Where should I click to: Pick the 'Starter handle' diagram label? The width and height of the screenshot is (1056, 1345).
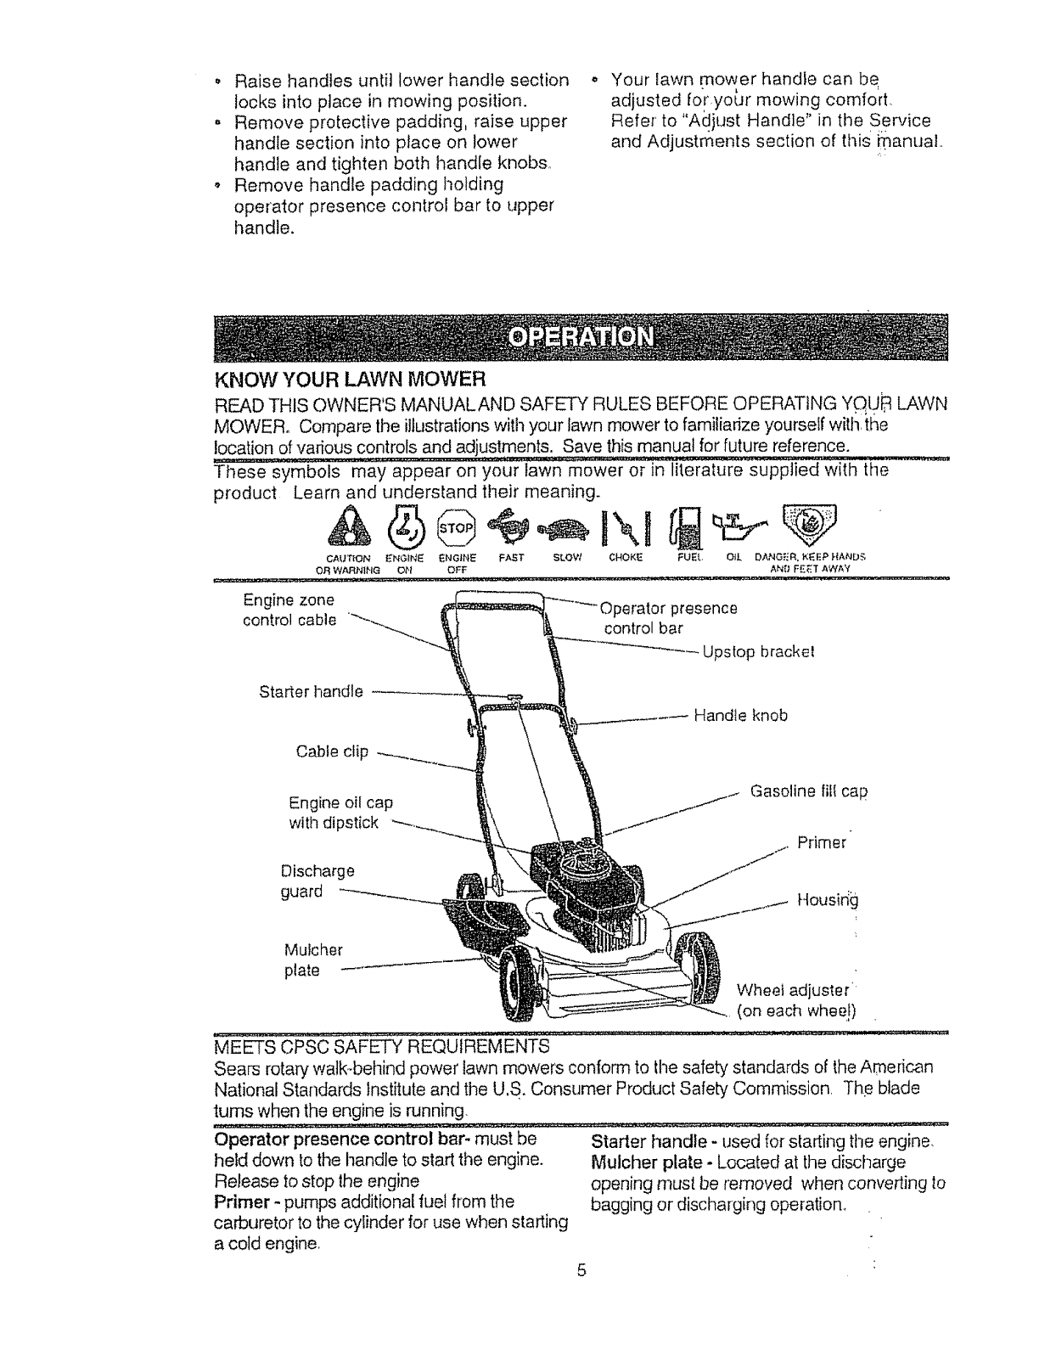pyautogui.click(x=311, y=691)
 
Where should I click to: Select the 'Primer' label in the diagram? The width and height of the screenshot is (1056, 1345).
pyautogui.click(x=822, y=843)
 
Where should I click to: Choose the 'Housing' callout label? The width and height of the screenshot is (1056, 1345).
pyautogui.click(x=828, y=899)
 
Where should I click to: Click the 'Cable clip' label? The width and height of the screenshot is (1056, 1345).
pyautogui.click(x=332, y=751)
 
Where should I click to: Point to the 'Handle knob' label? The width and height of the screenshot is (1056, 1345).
pyautogui.click(x=740, y=716)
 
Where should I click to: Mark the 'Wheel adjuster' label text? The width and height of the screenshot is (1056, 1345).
pyautogui.click(x=793, y=990)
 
